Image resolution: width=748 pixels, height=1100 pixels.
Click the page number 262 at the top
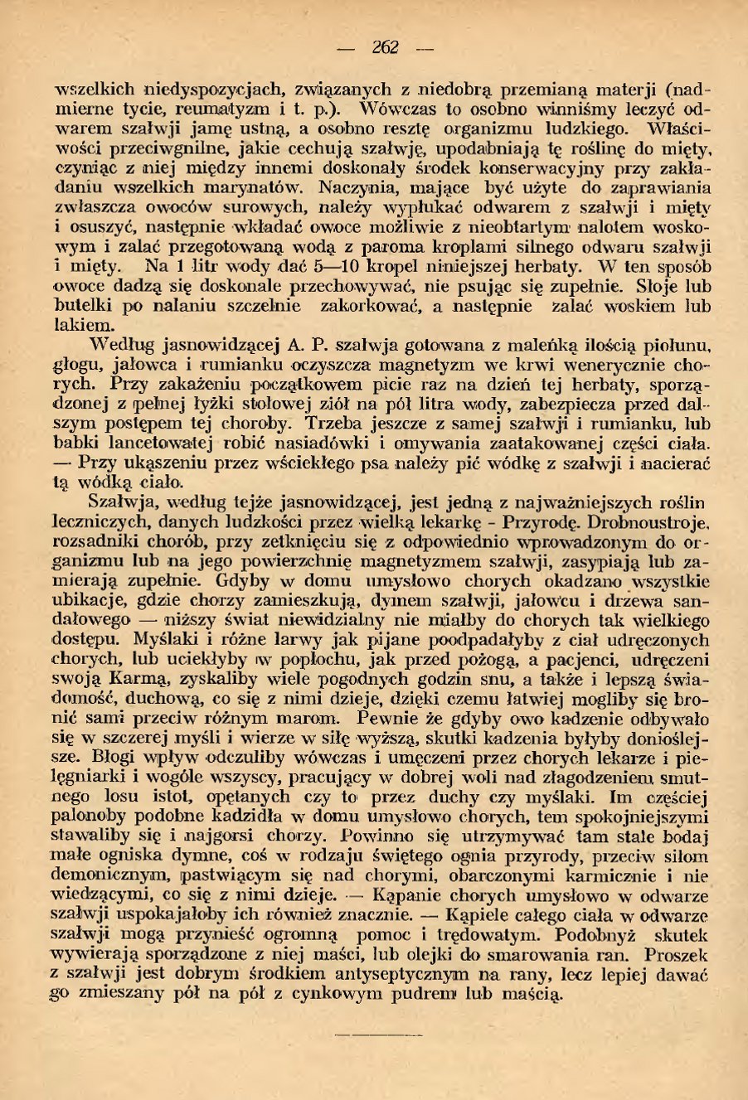pos(385,47)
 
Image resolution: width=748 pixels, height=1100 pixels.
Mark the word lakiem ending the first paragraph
pos(84,325)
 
